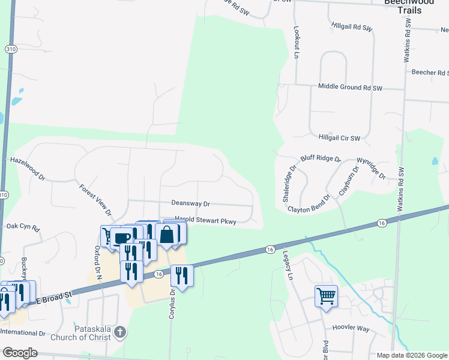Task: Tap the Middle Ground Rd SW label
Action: click(x=350, y=87)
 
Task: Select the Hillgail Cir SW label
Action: click(x=339, y=137)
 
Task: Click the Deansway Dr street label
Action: click(x=190, y=204)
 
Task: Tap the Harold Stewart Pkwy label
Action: click(x=205, y=220)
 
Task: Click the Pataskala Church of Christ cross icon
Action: click(x=120, y=331)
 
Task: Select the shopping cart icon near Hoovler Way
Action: click(x=326, y=295)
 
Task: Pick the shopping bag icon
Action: click(x=167, y=234)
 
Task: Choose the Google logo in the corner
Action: click(x=20, y=353)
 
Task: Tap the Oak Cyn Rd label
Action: click(x=23, y=228)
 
